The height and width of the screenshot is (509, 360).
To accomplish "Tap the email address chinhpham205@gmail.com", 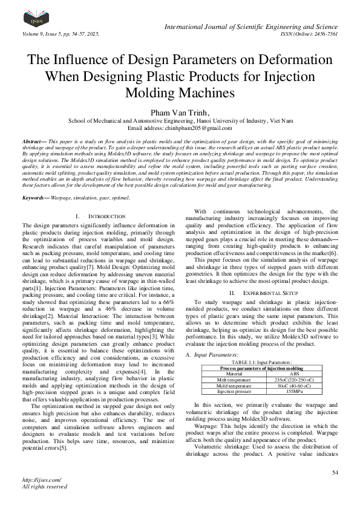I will [x=180, y=128].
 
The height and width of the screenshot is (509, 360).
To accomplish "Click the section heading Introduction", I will [x=100, y=216].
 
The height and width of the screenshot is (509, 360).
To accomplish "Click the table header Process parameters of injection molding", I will [x=261, y=368].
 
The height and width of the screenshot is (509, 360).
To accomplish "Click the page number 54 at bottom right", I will [x=335, y=472].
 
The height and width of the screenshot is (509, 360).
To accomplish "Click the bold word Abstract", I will [x=31, y=140].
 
